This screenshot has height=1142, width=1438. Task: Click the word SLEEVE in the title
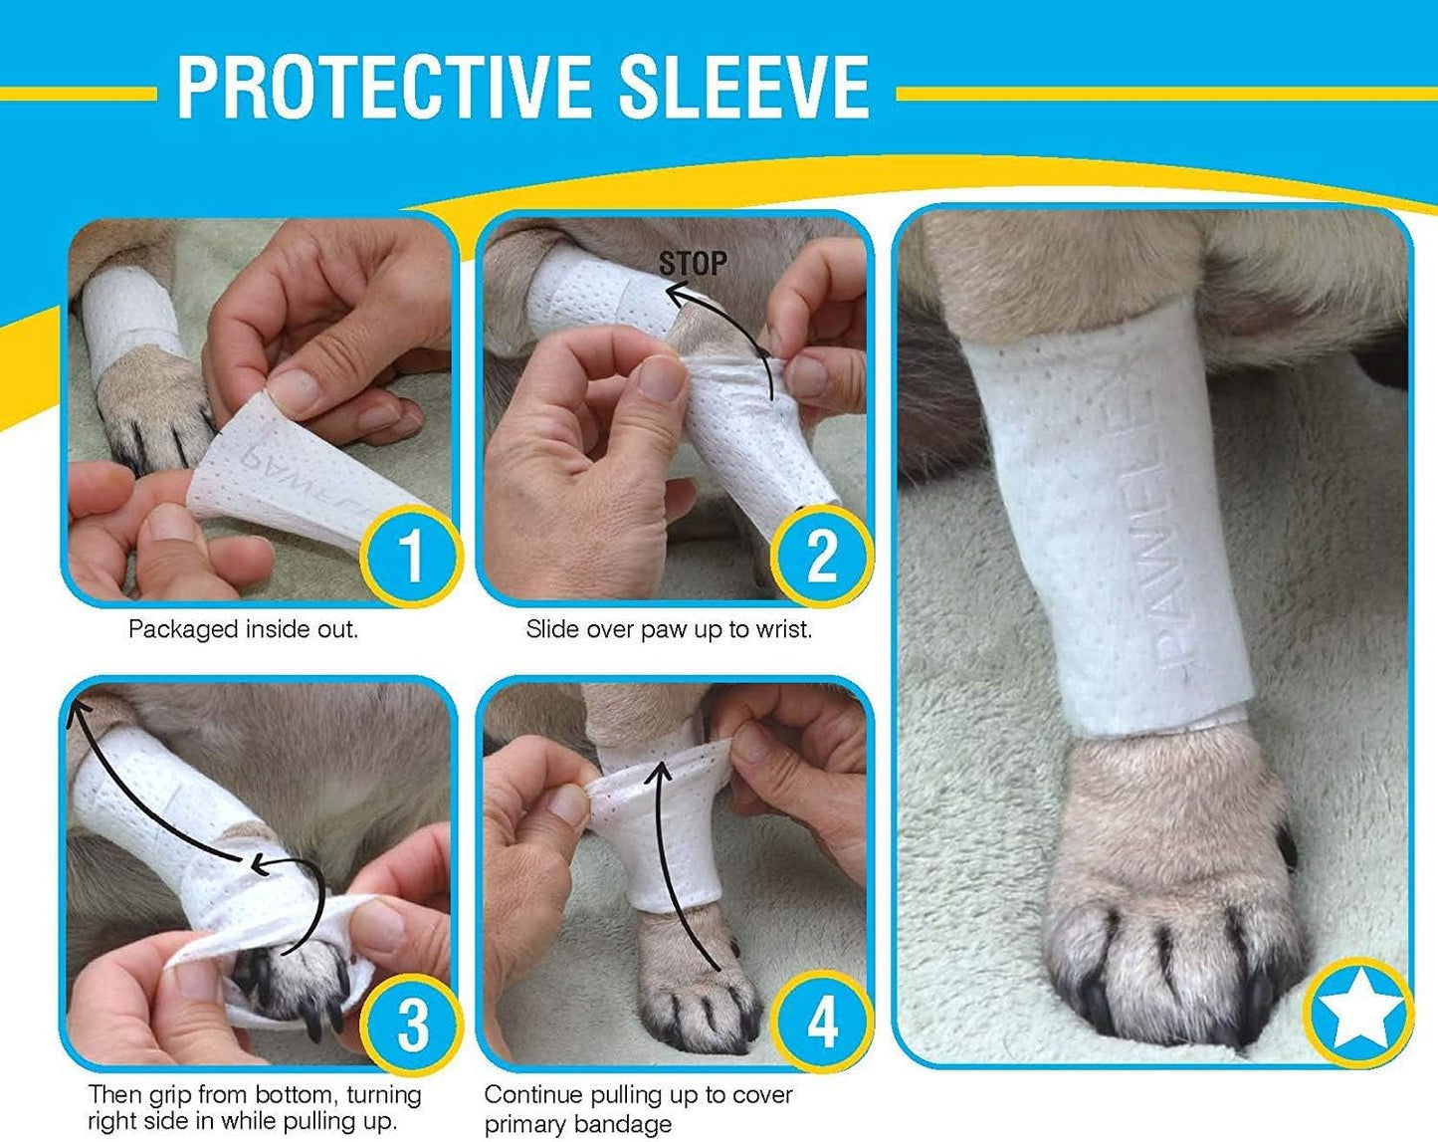[743, 88]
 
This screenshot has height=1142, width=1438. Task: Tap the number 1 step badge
[410, 555]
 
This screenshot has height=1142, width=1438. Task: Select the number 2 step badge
[821, 555]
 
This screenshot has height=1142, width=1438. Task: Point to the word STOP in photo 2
[693, 264]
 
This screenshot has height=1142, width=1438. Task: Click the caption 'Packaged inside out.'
[243, 629]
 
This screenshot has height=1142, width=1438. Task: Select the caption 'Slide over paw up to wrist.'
[669, 629]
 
